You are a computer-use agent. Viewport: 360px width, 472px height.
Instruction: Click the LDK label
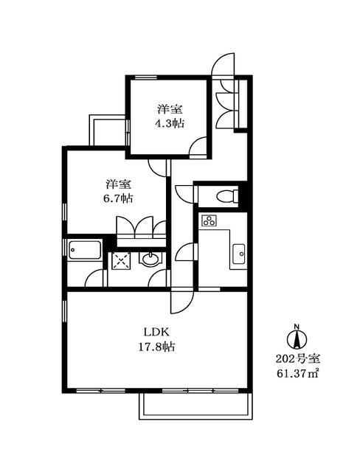[156, 332]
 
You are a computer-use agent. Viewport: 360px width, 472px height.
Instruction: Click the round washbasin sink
[150, 259]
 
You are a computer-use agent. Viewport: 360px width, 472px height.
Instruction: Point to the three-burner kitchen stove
[210, 220]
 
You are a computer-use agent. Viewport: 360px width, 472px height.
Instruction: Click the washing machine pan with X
[120, 260]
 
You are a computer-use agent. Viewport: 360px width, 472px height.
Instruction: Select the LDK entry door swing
[182, 299]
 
